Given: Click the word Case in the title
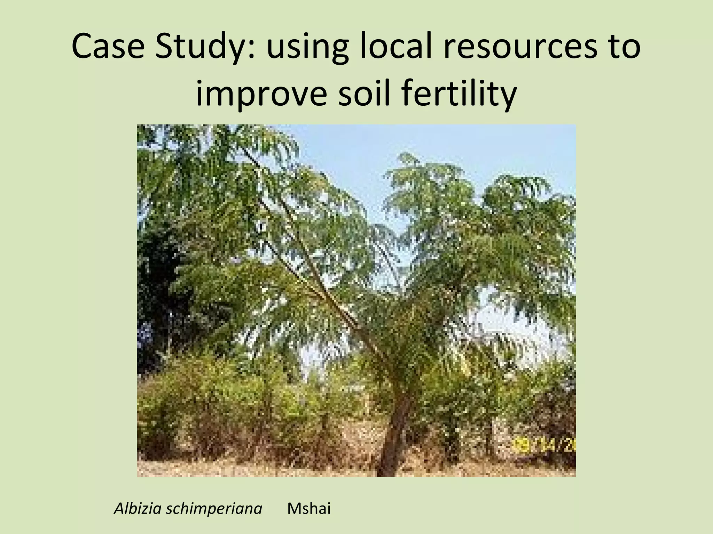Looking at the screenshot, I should tap(108, 46).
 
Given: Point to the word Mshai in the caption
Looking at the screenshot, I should tap(308, 509).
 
